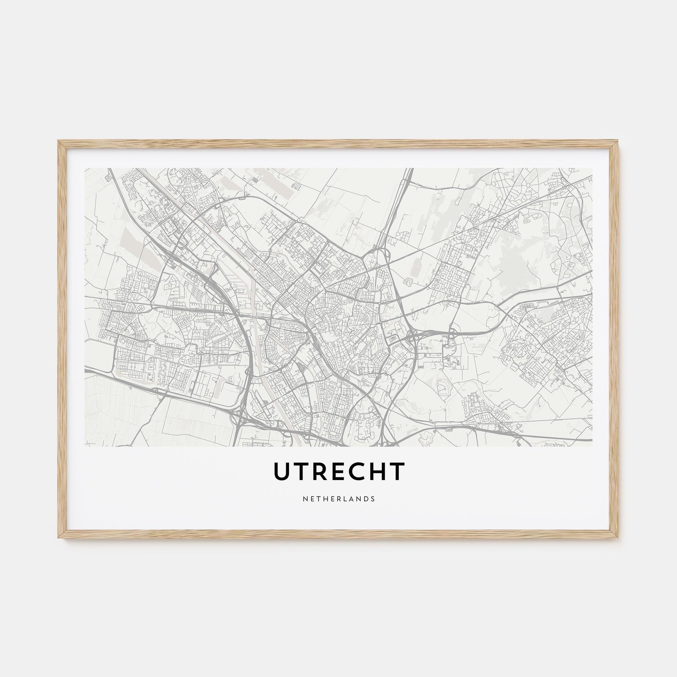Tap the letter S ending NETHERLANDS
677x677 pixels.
point(373,499)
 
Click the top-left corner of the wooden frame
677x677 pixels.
point(59,141)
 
